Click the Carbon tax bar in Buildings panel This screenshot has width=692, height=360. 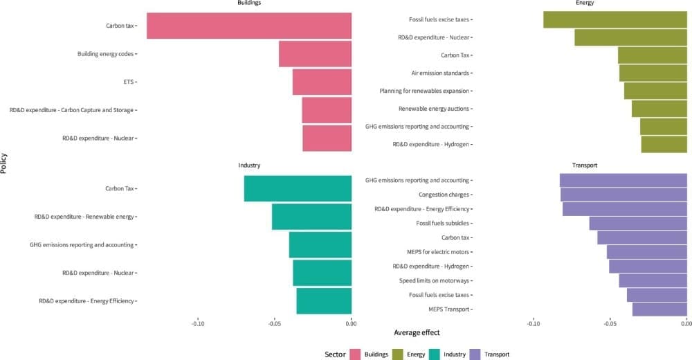click(249, 26)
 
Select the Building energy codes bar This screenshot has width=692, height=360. click(315, 54)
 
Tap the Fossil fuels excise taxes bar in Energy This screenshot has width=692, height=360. click(615, 19)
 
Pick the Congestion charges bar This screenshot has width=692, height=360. click(623, 195)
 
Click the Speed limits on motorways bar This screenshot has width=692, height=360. click(653, 280)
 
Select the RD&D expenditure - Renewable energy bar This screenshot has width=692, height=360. click(311, 217)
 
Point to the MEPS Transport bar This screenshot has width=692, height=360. click(659, 309)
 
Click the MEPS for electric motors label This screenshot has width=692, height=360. click(438, 252)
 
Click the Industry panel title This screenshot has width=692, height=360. click(249, 165)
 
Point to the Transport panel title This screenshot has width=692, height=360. click(585, 165)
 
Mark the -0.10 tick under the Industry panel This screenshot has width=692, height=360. click(198, 323)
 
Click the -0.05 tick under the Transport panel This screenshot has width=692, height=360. click(610, 323)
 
